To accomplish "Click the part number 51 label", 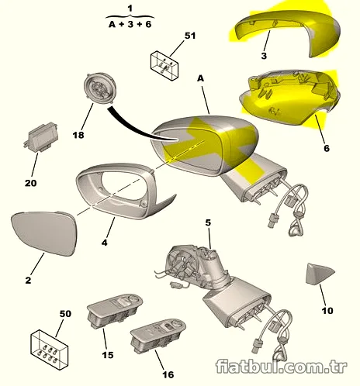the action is coord(190,36).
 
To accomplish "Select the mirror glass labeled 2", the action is coord(44,233).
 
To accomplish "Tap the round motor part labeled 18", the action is coord(100,88).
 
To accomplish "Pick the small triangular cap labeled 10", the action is coord(320,274).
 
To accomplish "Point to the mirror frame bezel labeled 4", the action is coord(122,191).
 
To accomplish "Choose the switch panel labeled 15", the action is coord(115,310).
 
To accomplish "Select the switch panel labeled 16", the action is coord(158,335).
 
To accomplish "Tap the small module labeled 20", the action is coord(41,137).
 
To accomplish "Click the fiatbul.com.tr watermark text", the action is coord(282,367).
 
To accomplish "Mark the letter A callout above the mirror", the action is coord(201,79).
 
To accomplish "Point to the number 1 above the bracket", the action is coord(130,9).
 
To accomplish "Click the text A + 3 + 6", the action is coord(130,25).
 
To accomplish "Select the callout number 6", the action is coord(327,148).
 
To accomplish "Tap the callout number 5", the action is coord(208,222).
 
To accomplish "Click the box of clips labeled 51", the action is coord(164,64).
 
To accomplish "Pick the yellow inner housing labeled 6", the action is coord(289,98).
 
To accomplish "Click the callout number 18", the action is coord(78,135).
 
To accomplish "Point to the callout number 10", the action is coord(327,311).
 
